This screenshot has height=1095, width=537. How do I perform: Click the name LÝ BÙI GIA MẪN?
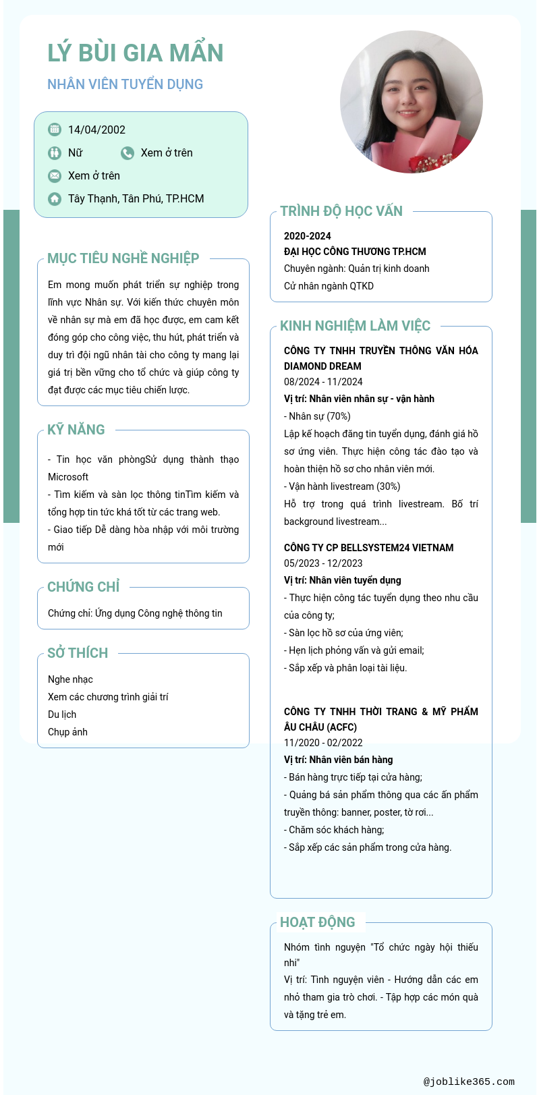click(135, 53)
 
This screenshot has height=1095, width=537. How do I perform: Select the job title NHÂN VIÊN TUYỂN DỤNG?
click(125, 84)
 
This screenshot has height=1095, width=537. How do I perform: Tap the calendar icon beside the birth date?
click(55, 130)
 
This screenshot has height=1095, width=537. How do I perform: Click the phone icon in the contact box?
click(128, 153)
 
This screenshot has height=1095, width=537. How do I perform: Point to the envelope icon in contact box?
click(55, 176)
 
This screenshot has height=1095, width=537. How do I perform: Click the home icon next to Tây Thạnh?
click(55, 199)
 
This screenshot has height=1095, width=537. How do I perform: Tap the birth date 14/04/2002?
click(96, 130)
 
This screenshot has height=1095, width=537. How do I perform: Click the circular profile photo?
click(411, 102)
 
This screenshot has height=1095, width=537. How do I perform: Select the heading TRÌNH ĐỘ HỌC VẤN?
click(341, 211)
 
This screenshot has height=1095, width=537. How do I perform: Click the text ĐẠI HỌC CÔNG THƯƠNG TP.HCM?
click(355, 252)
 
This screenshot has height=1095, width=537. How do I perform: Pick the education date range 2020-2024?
click(308, 236)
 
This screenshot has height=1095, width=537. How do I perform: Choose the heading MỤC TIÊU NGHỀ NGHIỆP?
click(123, 258)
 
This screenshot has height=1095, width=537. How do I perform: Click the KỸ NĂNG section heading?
click(76, 430)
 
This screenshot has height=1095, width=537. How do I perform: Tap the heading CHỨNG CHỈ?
click(84, 587)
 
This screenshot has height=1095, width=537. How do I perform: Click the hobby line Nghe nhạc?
click(70, 679)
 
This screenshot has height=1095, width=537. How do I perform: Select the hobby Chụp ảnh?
click(67, 732)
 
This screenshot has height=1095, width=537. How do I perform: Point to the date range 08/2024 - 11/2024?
click(323, 382)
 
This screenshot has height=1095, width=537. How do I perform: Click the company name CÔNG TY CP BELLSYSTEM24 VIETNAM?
click(368, 548)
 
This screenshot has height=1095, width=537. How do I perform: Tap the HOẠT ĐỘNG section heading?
click(317, 922)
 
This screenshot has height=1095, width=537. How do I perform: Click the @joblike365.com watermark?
click(469, 1082)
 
